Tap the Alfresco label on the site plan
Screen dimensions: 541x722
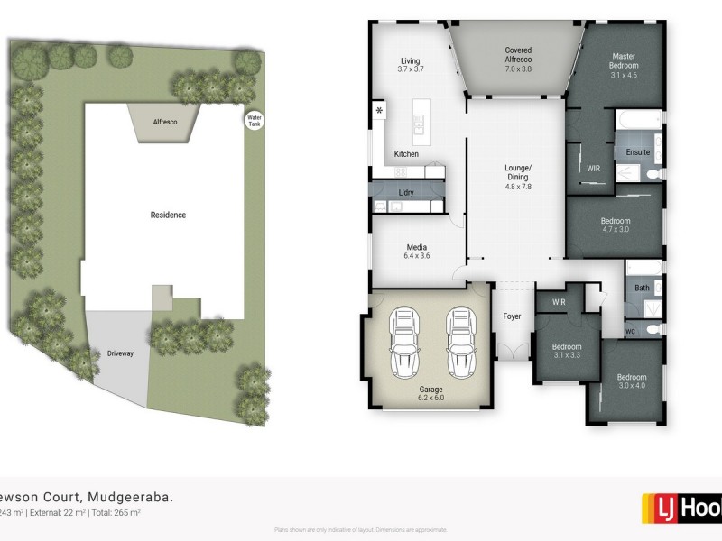[163, 120]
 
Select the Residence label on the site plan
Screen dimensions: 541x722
[168, 215]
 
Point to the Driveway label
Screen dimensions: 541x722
[120, 353]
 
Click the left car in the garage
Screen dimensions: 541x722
[404, 344]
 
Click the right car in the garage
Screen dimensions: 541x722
[460, 344]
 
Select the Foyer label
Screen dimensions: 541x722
[513, 316]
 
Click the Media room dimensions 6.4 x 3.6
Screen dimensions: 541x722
[416, 257]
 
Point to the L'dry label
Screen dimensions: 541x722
[406, 193]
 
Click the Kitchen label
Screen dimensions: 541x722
[406, 154]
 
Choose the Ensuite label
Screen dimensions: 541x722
[637, 152]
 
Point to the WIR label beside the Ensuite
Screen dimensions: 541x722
[593, 168]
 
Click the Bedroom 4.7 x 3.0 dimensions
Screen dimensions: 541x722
[616, 231]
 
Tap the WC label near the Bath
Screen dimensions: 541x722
[629, 331]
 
